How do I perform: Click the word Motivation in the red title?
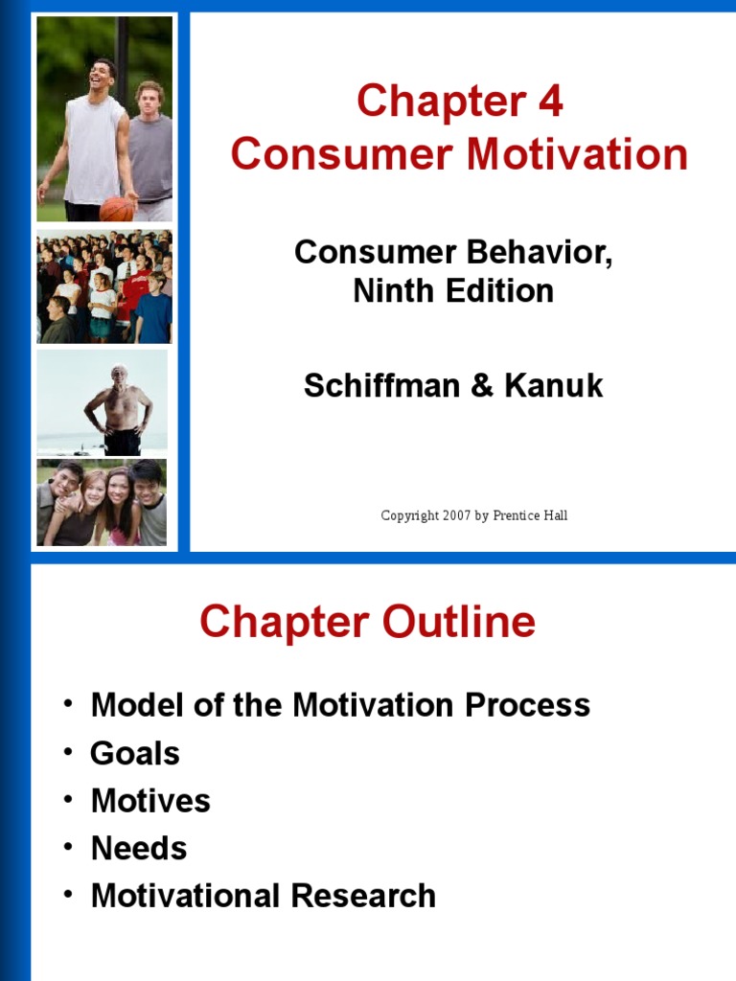(x=577, y=155)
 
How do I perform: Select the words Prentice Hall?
(x=531, y=515)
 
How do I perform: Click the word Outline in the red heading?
(x=459, y=624)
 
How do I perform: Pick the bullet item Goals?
(x=134, y=754)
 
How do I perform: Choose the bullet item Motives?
(x=150, y=801)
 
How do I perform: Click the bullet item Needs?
(x=139, y=848)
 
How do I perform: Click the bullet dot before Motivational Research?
(x=68, y=894)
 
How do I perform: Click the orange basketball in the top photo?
(x=116, y=208)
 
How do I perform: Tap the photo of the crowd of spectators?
(x=103, y=286)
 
